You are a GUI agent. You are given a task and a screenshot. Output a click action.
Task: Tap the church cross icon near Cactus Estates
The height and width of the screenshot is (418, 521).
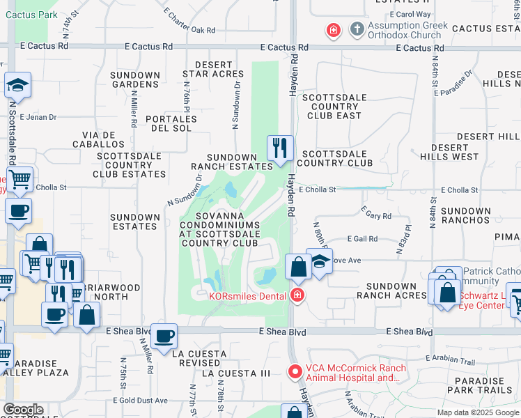coord(357,29)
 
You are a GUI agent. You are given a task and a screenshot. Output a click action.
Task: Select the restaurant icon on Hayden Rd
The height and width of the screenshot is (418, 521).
coord(280,148)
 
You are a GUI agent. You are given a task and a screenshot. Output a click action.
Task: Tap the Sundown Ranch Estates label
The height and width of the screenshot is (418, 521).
coord(232,162)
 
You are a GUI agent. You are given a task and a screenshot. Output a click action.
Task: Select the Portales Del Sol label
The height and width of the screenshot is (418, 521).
coord(171,123)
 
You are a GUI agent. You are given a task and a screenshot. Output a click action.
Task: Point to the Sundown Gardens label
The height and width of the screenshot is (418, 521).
coord(136,79)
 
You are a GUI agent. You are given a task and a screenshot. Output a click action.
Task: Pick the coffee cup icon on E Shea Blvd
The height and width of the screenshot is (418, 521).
coord(164,337)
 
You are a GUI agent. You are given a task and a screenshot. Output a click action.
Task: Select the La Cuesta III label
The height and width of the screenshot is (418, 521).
coord(235,373)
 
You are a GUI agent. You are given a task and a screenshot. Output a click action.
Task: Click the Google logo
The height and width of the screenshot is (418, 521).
coord(23,410)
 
